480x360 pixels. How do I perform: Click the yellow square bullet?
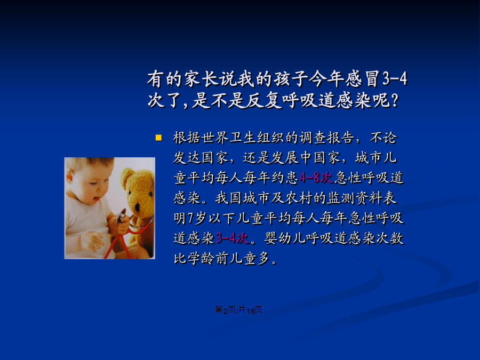(x=158, y=138)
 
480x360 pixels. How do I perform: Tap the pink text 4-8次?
(x=316, y=178)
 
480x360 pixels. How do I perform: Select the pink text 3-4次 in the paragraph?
(x=232, y=238)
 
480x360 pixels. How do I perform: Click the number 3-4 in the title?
(x=395, y=79)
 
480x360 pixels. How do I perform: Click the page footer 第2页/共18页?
(x=238, y=310)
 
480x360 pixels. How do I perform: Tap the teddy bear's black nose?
(x=138, y=207)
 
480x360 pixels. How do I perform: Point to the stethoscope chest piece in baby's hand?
(x=121, y=217)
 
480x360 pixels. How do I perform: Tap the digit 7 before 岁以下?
(x=190, y=218)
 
